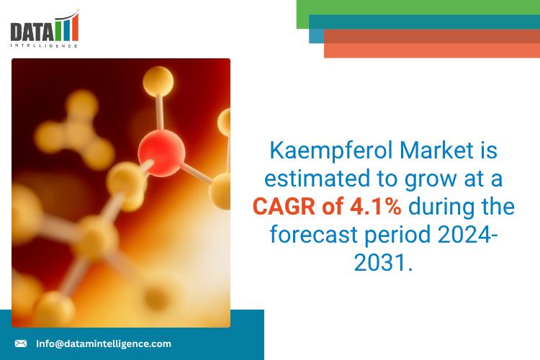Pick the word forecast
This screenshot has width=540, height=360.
pyautogui.click(x=309, y=235)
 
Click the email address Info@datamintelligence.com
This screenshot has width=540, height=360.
pyautogui.click(x=104, y=343)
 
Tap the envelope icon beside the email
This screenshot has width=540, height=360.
pyautogui.click(x=21, y=343)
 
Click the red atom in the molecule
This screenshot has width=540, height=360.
pyautogui.click(x=161, y=151)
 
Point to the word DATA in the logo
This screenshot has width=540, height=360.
pyautogui.click(x=30, y=31)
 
